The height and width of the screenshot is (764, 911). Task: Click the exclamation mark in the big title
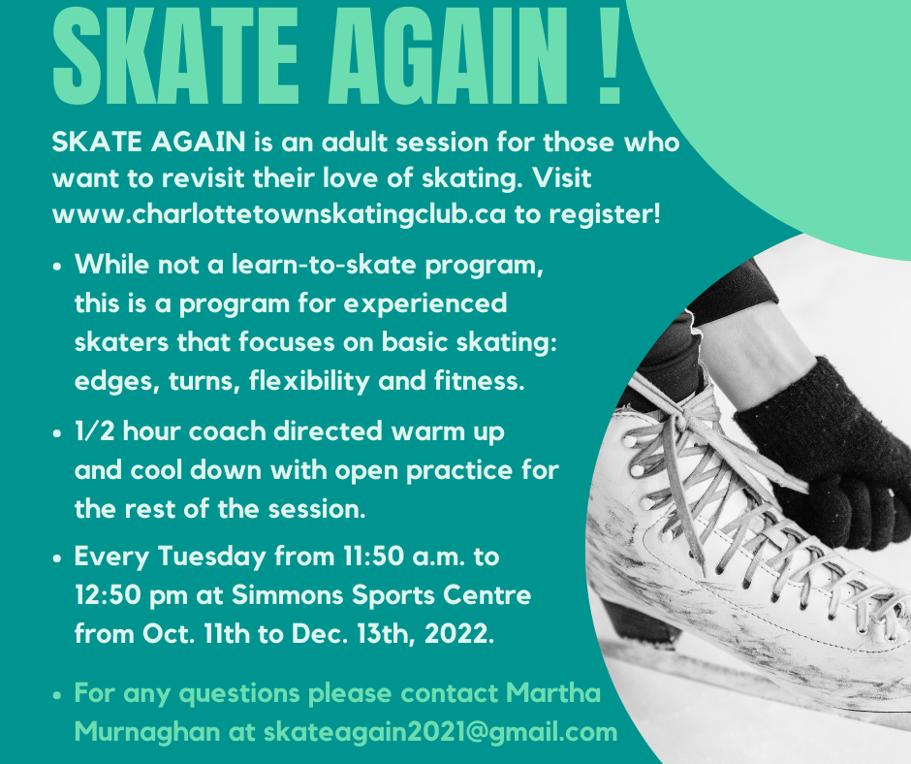(x=609, y=54)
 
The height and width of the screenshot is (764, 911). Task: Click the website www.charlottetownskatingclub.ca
(x=279, y=214)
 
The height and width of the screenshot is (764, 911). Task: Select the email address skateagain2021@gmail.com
(x=440, y=732)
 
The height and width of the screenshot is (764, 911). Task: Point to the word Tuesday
(x=211, y=557)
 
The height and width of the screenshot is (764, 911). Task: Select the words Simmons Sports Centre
(x=381, y=594)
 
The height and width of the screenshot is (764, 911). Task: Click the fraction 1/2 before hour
(x=94, y=431)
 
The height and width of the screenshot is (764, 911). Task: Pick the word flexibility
(x=309, y=381)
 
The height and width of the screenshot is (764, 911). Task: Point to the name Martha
(x=553, y=693)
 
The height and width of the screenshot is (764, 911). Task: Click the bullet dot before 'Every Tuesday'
(x=57, y=558)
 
